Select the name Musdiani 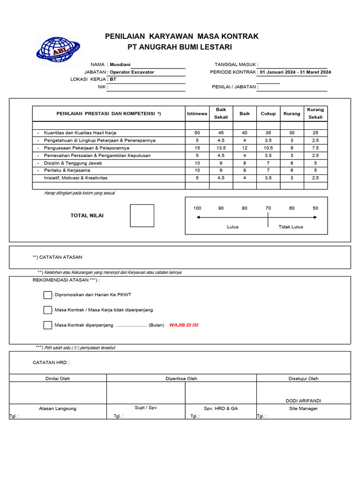120,64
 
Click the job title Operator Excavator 132,72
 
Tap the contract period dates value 295,72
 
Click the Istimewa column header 197,114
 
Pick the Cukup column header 268,114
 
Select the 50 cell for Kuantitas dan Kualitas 197,133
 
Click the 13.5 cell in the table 221,148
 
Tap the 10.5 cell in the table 268,148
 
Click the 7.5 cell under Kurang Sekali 315,148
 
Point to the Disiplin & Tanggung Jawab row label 73,163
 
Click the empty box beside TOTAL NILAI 142,216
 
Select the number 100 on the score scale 197,208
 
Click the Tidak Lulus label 291,227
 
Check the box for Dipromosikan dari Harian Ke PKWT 47,295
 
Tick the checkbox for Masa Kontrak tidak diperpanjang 47,310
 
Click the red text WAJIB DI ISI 184,325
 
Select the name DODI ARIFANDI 303,401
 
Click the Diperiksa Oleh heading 181,378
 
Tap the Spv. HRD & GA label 221,408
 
